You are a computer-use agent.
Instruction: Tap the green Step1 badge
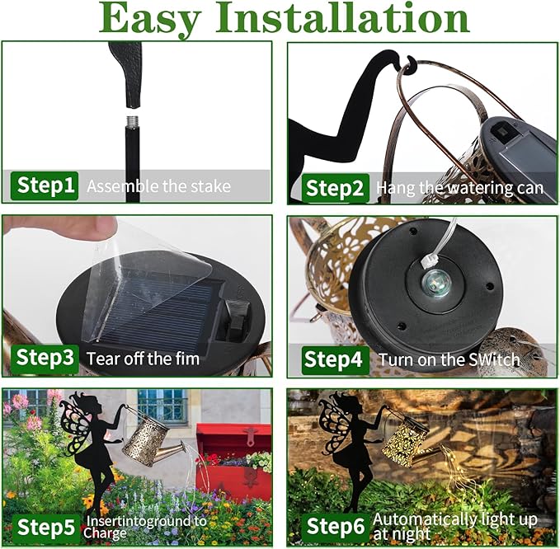[x=46, y=185]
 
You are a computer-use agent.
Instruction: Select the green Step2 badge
[x=335, y=188]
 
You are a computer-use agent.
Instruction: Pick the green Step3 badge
[x=46, y=358]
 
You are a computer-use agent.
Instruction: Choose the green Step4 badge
[x=333, y=359]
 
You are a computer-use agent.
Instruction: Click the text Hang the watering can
[x=460, y=188]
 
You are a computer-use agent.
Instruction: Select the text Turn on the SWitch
[x=449, y=359]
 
